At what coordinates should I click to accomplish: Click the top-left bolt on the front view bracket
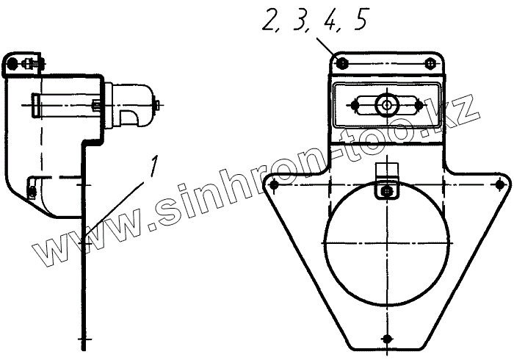click(x=342, y=62)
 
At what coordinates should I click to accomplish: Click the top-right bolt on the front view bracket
click(x=430, y=63)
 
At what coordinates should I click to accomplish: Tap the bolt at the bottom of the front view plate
click(x=388, y=338)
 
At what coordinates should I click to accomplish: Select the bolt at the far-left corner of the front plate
click(x=274, y=185)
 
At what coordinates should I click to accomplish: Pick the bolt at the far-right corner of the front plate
click(x=499, y=185)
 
